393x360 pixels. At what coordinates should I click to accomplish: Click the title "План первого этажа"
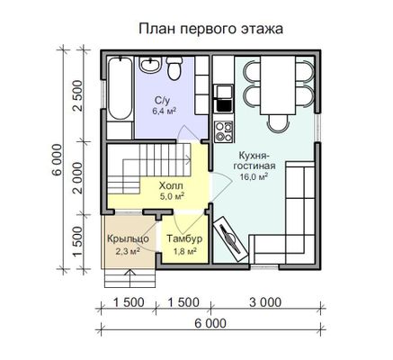(211, 30)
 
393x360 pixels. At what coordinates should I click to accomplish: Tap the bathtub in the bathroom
(120, 89)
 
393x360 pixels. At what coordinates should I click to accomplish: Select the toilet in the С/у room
(174, 68)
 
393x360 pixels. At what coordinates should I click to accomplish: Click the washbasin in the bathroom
(151, 64)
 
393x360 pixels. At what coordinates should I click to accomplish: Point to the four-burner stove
(224, 131)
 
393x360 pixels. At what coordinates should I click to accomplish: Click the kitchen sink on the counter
(224, 98)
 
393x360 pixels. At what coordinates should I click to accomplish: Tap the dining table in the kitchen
(278, 85)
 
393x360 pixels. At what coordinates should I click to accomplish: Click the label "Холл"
(171, 185)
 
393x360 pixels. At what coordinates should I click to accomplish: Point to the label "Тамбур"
(184, 239)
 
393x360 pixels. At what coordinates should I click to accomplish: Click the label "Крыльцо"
(129, 239)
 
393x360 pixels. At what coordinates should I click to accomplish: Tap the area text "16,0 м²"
(254, 176)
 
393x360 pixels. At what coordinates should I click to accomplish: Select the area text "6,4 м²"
(164, 111)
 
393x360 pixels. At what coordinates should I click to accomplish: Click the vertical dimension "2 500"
(78, 95)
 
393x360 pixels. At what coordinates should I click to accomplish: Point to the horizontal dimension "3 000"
(265, 302)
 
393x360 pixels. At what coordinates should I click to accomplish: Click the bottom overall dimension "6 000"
(210, 324)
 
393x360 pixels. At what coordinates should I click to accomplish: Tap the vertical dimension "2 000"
(78, 178)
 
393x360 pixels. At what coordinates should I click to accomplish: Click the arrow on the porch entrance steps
(130, 278)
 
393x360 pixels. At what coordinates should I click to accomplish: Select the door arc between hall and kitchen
(222, 187)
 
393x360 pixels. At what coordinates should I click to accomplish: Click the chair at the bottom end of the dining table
(278, 123)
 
